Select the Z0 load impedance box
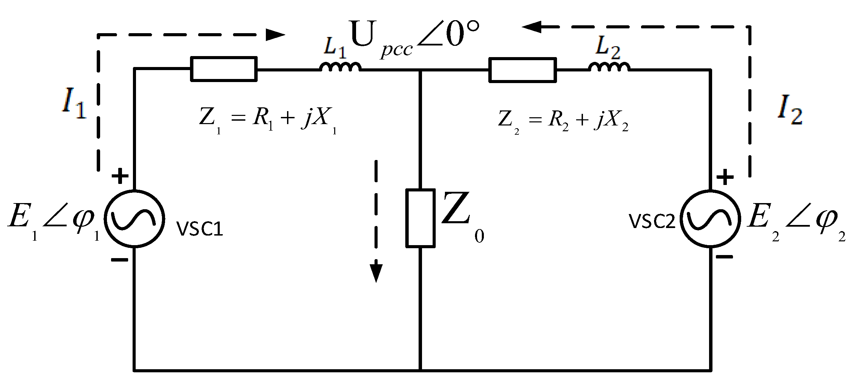420,218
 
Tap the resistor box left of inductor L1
223,69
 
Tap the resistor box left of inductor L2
522,70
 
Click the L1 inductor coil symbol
340,67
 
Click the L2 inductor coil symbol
609,67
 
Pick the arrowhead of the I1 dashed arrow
275,35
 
